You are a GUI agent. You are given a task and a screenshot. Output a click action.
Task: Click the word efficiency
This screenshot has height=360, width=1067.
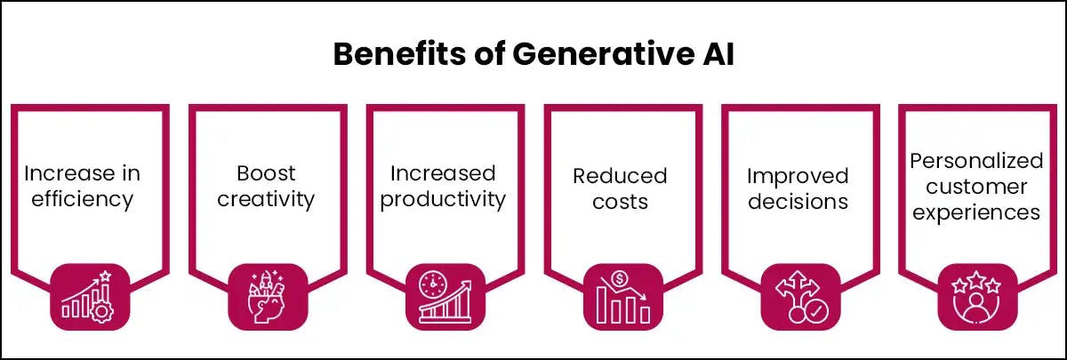click(x=82, y=198)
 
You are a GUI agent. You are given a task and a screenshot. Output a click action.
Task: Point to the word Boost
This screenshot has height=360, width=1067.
click(x=266, y=172)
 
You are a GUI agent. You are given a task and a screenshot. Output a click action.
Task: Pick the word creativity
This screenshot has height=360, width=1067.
click(x=266, y=198)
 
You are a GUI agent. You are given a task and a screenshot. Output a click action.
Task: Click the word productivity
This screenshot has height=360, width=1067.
click(x=444, y=198)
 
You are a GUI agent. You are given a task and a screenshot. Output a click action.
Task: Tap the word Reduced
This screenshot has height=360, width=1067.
click(x=620, y=175)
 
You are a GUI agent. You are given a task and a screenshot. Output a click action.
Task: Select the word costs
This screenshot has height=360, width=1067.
click(x=620, y=201)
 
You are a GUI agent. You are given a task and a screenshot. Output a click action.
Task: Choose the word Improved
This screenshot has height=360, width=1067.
click(x=798, y=175)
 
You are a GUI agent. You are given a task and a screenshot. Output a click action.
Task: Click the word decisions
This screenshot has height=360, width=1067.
click(x=798, y=201)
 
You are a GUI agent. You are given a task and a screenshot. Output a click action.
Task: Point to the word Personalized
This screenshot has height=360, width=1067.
click(x=975, y=160)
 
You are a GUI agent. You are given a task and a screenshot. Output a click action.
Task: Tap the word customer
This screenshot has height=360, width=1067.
click(x=975, y=187)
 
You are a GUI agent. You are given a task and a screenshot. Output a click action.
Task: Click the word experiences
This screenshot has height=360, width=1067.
click(x=975, y=213)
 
